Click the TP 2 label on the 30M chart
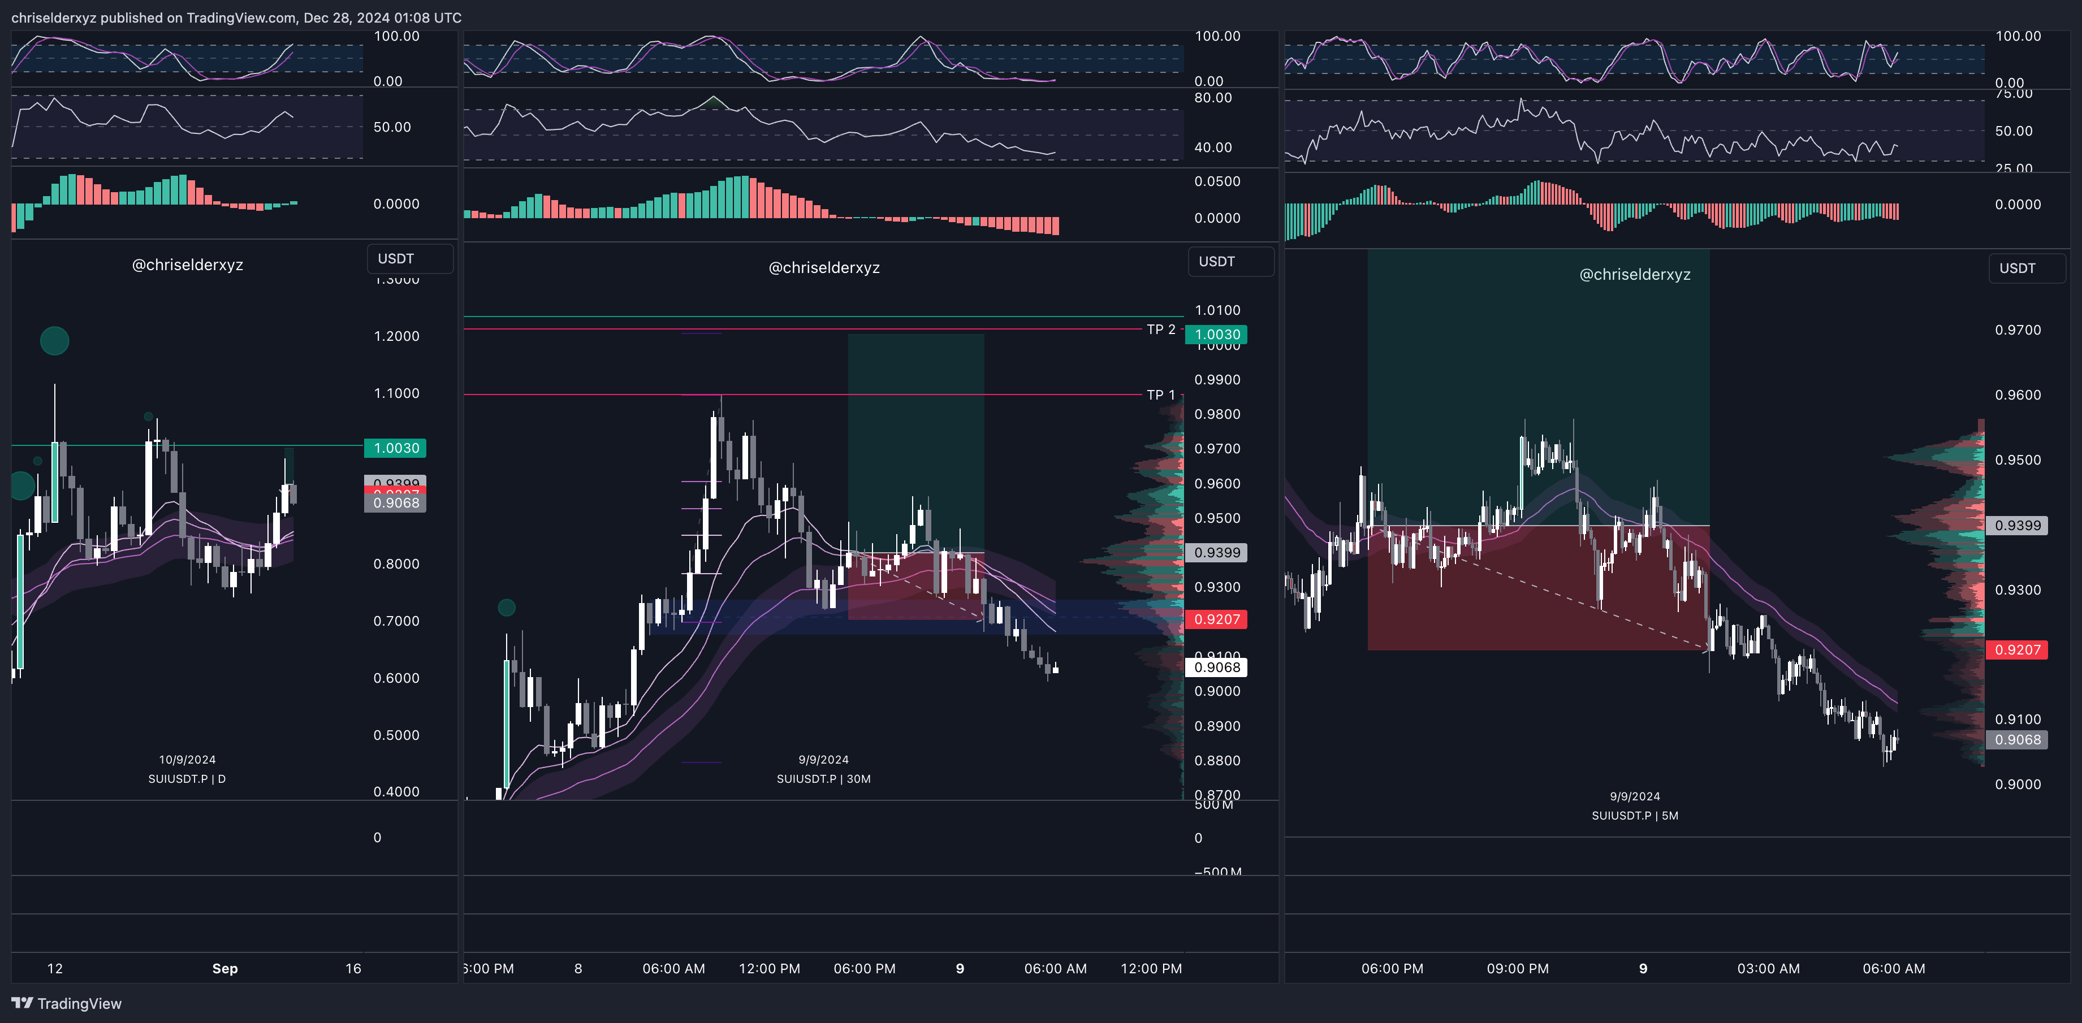(1161, 330)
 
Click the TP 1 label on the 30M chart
(1161, 395)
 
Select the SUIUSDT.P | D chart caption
(187, 779)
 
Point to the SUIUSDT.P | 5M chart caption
(1634, 816)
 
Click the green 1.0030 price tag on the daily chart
(395, 448)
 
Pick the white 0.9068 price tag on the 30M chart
(1216, 667)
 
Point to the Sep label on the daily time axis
(224, 968)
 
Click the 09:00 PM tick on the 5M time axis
(1517, 968)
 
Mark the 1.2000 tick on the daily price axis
(396, 336)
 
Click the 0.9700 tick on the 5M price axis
(2018, 330)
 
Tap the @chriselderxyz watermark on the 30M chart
(824, 267)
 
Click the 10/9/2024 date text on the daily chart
(187, 760)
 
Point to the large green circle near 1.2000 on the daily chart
(54, 340)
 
